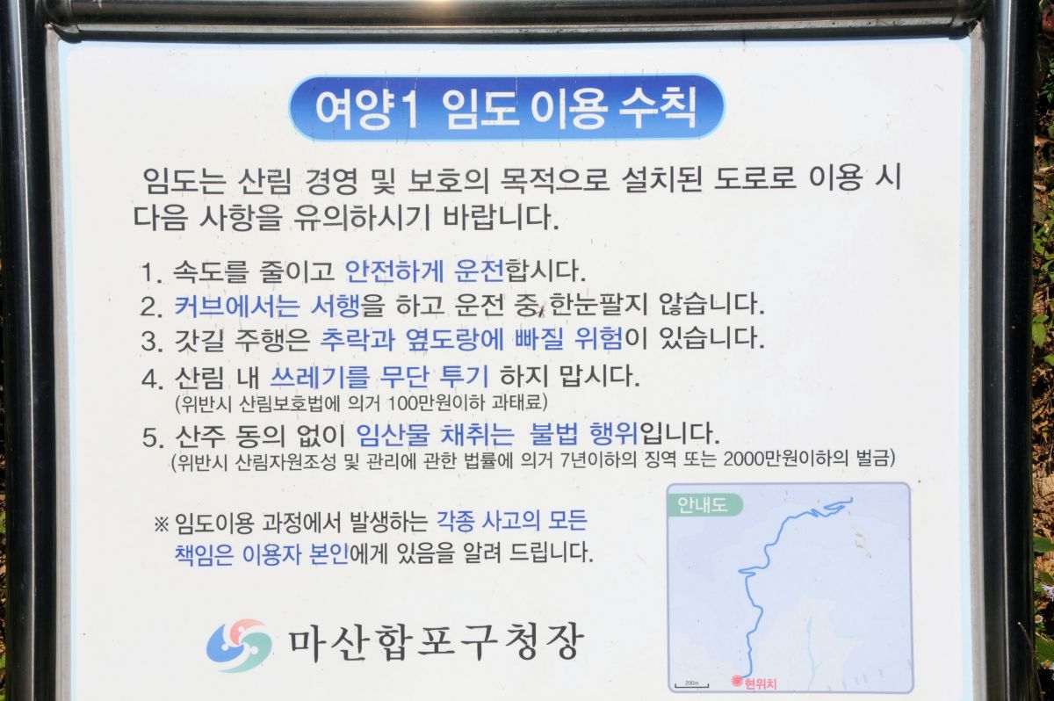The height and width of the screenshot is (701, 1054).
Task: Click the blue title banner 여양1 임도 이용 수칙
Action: pyautogui.click(x=506, y=108)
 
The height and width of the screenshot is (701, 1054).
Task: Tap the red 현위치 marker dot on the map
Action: pyautogui.click(x=737, y=680)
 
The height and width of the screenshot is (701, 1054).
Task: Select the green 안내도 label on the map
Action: pyautogui.click(x=704, y=505)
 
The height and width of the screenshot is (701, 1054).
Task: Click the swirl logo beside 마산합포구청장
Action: pyautogui.click(x=239, y=645)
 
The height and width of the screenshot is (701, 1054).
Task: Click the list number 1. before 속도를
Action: pyautogui.click(x=151, y=273)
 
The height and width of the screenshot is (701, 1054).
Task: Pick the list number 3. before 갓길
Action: pyautogui.click(x=151, y=341)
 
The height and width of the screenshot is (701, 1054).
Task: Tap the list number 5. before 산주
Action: pyautogui.click(x=153, y=438)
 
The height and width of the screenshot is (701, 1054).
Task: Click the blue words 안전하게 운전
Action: pyautogui.click(x=424, y=271)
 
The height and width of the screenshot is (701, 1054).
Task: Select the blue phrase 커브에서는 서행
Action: pyautogui.click(x=267, y=307)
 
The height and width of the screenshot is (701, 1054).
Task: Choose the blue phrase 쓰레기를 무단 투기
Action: pyautogui.click(x=379, y=376)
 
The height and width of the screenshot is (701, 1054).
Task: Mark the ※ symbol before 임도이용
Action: pyautogui.click(x=161, y=524)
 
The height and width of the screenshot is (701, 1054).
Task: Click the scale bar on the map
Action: pyautogui.click(x=692, y=685)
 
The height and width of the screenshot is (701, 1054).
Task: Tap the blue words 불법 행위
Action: pyautogui.click(x=584, y=434)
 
